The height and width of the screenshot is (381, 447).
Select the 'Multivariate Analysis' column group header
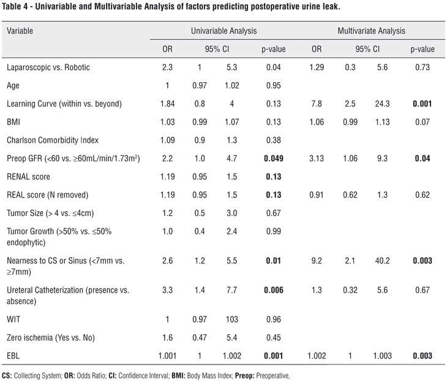(x=371, y=30)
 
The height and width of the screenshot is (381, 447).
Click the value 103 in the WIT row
(x=232, y=319)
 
